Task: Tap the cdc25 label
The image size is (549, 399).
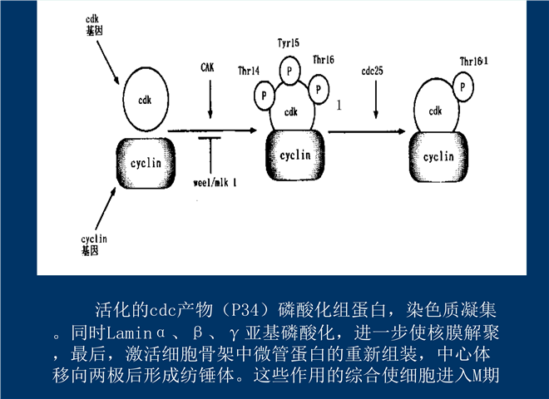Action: pos(373,71)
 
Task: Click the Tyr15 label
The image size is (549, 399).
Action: pos(289,42)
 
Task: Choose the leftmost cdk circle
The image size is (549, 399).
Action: pos(146,101)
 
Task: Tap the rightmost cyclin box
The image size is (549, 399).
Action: pos(438,155)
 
